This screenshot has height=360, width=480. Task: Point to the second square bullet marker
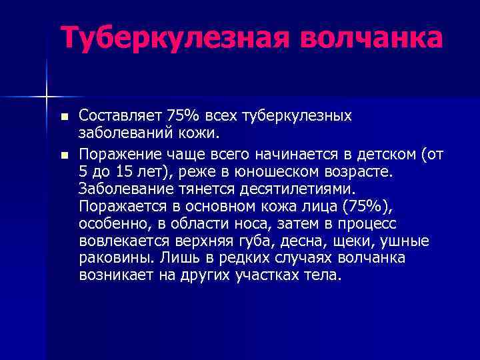(x=64, y=155)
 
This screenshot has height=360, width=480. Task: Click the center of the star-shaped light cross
(x=47, y=97)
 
